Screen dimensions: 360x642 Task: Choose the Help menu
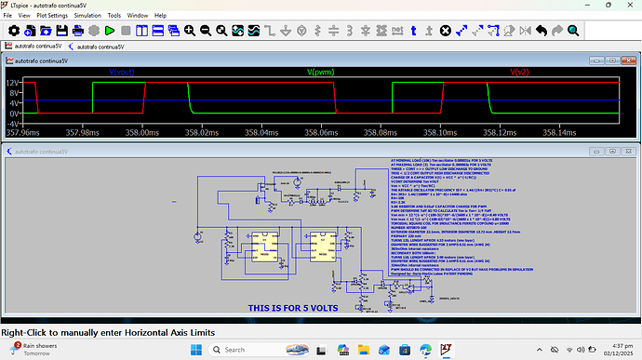[161, 16]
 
